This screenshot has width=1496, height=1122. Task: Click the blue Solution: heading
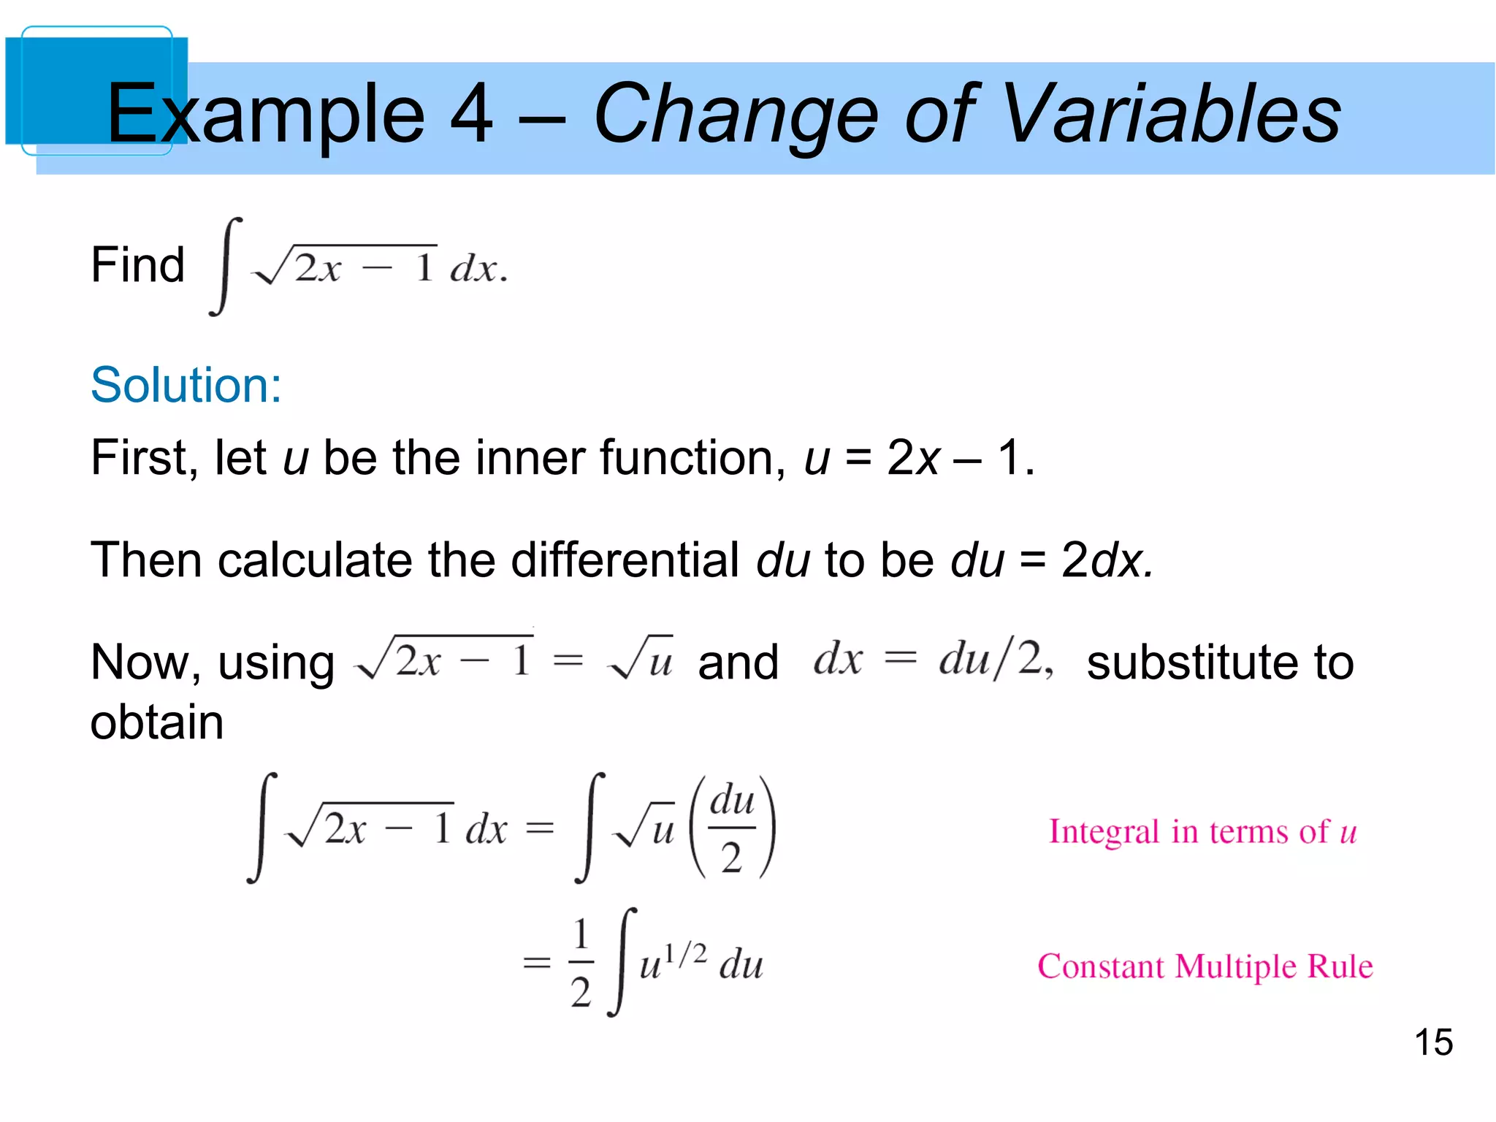click(186, 385)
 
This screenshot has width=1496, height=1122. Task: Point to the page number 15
click(1433, 1042)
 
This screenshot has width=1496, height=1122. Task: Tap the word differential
click(625, 560)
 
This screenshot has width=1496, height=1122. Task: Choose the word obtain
click(156, 722)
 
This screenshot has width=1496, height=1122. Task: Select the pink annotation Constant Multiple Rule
click(1205, 966)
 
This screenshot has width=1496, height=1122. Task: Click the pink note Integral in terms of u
click(1202, 832)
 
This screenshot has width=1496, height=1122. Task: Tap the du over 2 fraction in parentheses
click(732, 828)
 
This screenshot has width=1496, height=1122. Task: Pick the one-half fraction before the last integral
click(581, 963)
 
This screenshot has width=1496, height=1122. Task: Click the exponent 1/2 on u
click(686, 954)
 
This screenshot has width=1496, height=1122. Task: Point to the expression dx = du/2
click(933, 659)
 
